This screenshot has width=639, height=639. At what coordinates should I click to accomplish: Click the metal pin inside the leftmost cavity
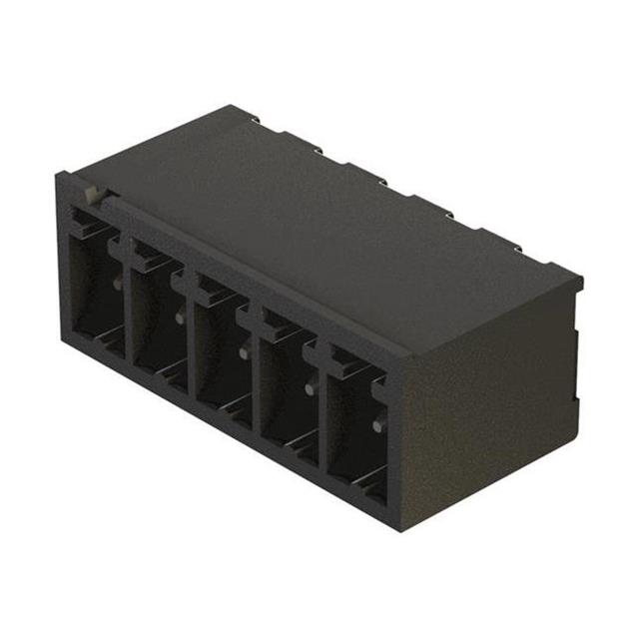point(117,284)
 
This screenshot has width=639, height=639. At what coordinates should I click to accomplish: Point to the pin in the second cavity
point(179,318)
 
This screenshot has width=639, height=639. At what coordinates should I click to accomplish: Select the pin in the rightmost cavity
point(376,426)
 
